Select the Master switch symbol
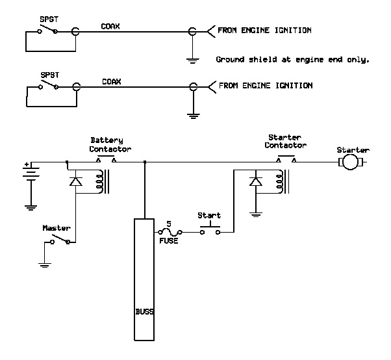pos(60,240)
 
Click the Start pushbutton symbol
pos(210,229)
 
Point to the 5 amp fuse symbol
pos(169,231)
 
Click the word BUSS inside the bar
pos(145,311)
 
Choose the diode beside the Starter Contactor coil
pos(257,181)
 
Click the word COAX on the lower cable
pos(110,82)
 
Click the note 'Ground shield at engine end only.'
pos(292,59)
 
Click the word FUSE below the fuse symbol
pos(169,241)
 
